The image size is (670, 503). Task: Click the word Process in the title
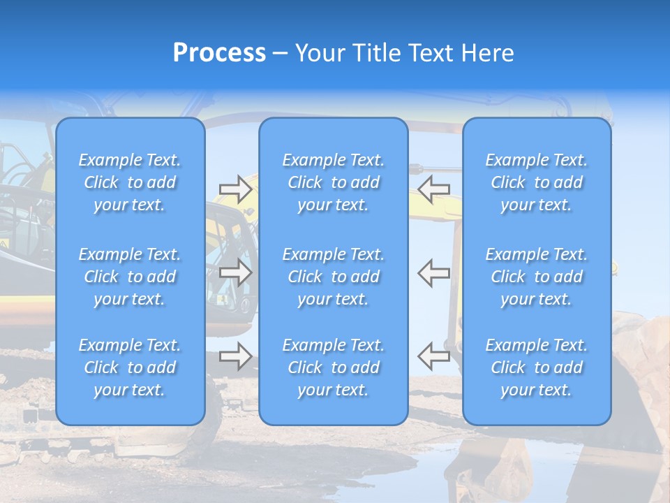tap(219, 53)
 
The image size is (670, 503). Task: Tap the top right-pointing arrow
tap(236, 189)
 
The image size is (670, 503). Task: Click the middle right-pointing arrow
tap(236, 273)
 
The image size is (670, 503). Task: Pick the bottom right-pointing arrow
tap(236, 356)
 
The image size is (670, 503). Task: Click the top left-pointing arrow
tap(433, 189)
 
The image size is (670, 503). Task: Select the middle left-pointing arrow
tap(433, 273)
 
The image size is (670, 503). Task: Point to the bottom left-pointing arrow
tap(433, 356)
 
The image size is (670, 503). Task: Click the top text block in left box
tap(130, 182)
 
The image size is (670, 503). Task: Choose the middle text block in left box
tap(130, 277)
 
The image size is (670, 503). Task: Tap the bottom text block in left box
tap(130, 367)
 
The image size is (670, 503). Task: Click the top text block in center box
tap(334, 182)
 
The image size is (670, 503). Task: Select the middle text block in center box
tap(334, 277)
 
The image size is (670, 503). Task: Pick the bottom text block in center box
tap(334, 367)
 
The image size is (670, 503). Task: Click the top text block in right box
tap(537, 182)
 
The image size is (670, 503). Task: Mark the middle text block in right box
tap(537, 277)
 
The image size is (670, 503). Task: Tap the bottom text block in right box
tap(537, 367)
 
